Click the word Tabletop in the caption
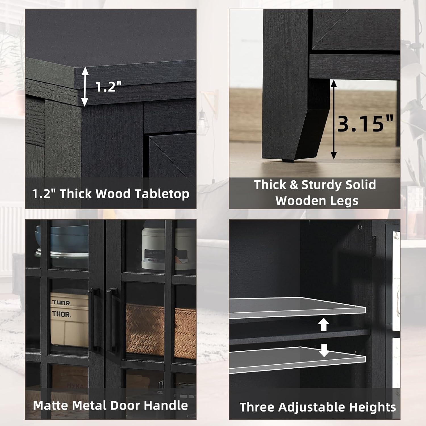coord(162,194)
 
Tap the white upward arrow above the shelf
coord(323,325)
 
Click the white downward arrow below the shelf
coord(323,350)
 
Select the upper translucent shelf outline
coord(297,308)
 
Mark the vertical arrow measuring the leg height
coord(333,119)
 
